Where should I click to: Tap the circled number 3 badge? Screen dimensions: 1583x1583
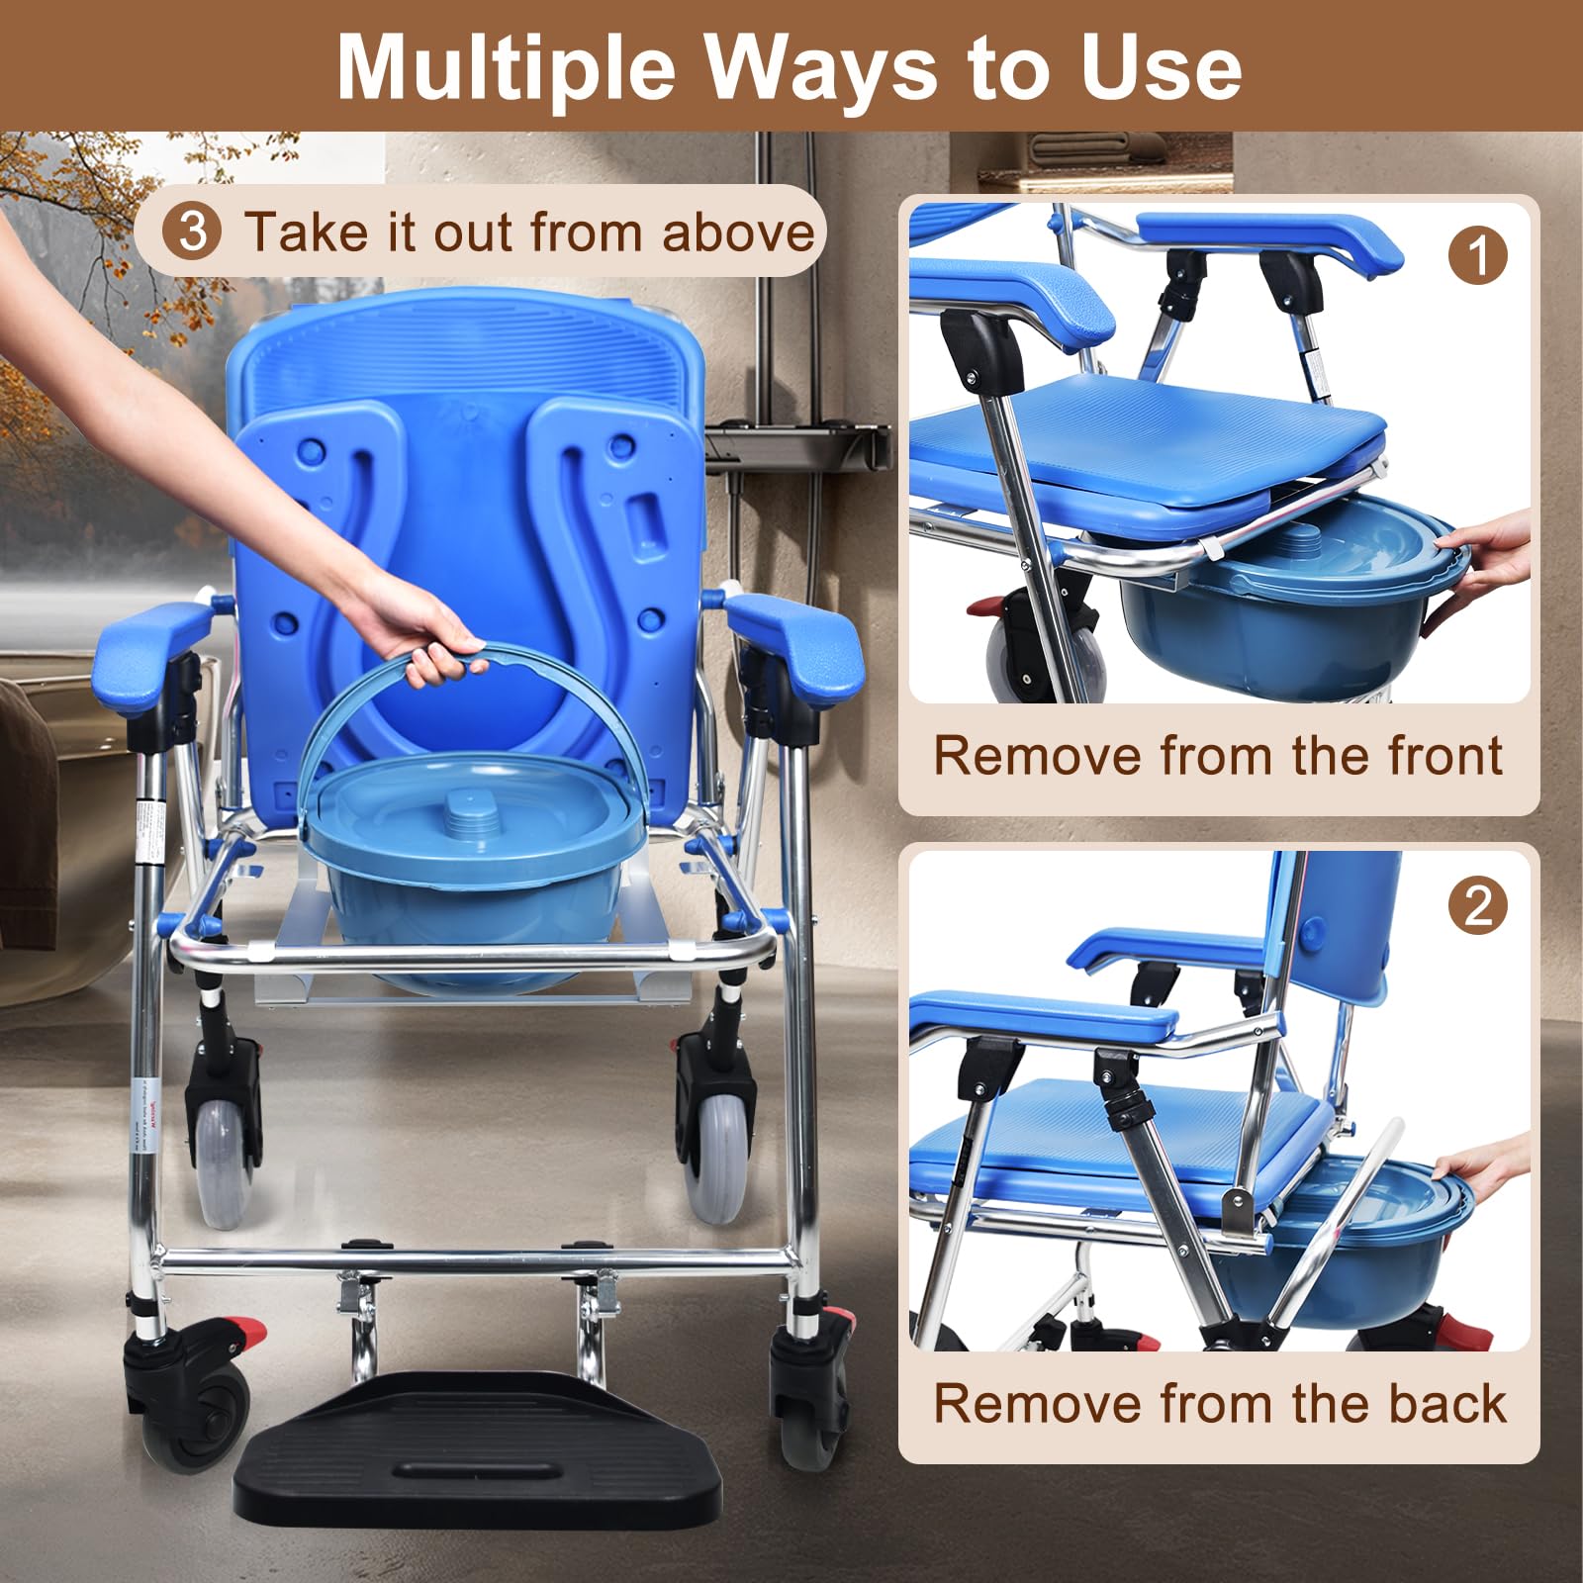tap(193, 232)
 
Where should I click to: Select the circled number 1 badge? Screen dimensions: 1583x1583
tap(1477, 255)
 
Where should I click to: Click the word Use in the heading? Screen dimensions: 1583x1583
tap(1161, 67)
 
